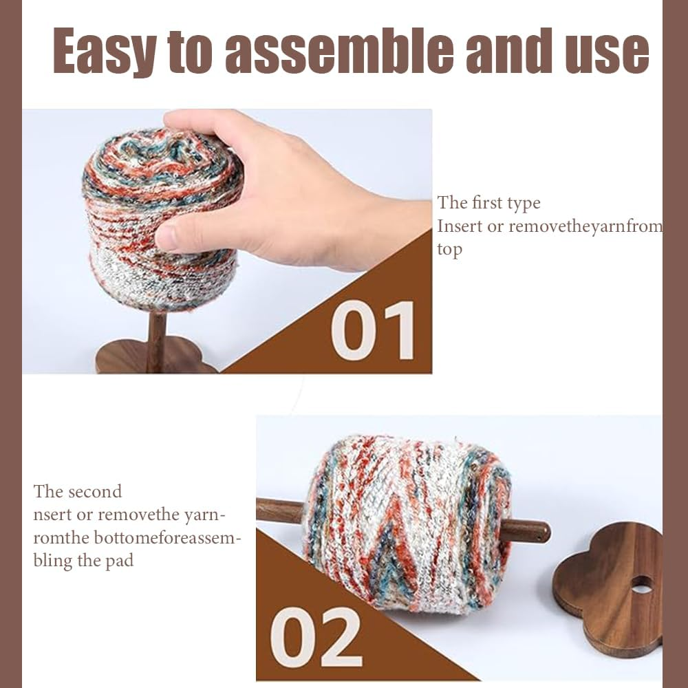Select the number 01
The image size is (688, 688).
coord(373,330)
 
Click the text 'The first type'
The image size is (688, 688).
coord(488,203)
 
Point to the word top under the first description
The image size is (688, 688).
coord(449,250)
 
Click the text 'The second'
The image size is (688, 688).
coord(77,491)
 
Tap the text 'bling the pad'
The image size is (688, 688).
coord(83,560)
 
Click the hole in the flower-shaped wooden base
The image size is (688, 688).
coord(641,584)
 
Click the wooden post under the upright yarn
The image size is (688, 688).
coord(157,341)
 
